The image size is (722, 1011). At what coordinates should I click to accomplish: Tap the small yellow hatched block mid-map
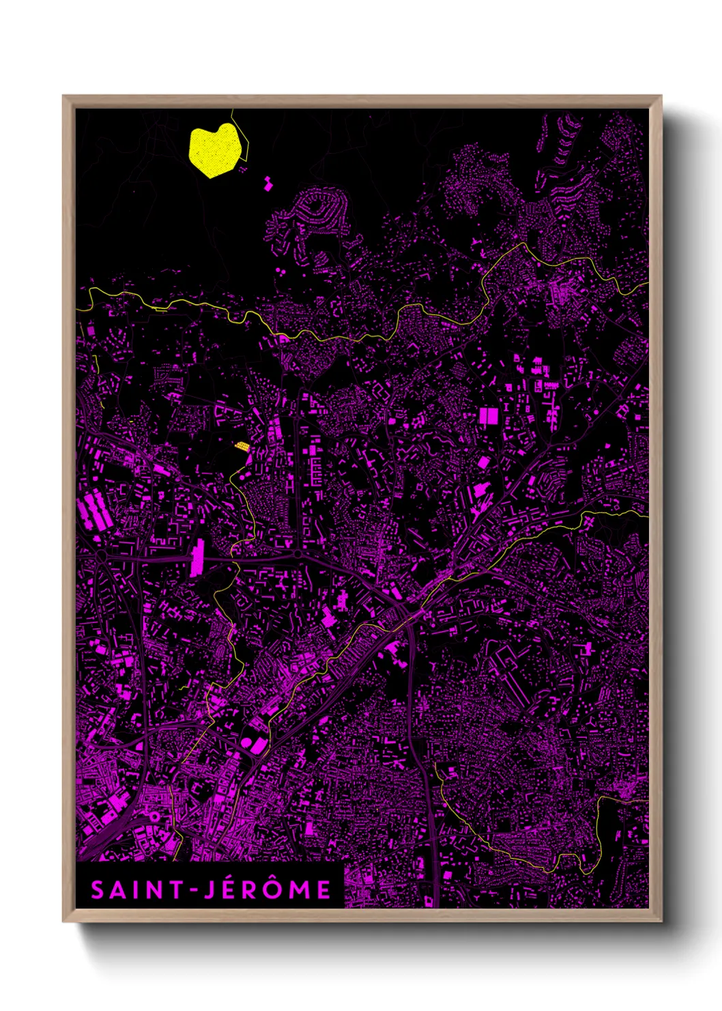(x=242, y=446)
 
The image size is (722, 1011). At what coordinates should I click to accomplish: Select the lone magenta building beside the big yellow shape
(x=268, y=182)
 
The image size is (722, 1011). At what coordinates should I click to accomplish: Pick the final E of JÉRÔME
(x=324, y=890)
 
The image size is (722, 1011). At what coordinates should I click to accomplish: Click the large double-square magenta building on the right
(x=489, y=415)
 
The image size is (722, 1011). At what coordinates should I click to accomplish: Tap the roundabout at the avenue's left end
(x=101, y=557)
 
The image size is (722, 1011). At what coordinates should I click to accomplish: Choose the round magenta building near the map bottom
(x=246, y=741)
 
